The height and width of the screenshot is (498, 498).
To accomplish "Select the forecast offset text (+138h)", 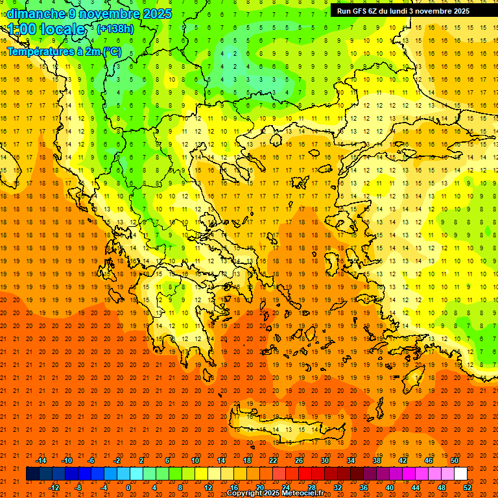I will click(115, 29).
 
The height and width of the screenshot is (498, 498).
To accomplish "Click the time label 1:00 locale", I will click(47, 29).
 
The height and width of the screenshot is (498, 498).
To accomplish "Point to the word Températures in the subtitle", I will click(39, 51).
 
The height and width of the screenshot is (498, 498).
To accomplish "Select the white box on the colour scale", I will click(460, 474).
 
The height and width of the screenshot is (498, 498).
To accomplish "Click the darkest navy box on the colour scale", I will click(32, 474).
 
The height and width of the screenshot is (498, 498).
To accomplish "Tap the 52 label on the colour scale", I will click(468, 488).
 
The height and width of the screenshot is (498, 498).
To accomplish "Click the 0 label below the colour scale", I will click(128, 488).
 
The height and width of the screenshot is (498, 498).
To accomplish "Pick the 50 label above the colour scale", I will click(455, 460).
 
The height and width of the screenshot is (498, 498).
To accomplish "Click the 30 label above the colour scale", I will click(324, 460).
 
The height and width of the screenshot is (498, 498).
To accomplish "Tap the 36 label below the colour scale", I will click(364, 488).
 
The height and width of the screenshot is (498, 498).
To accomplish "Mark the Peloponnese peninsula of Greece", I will click(178, 318).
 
